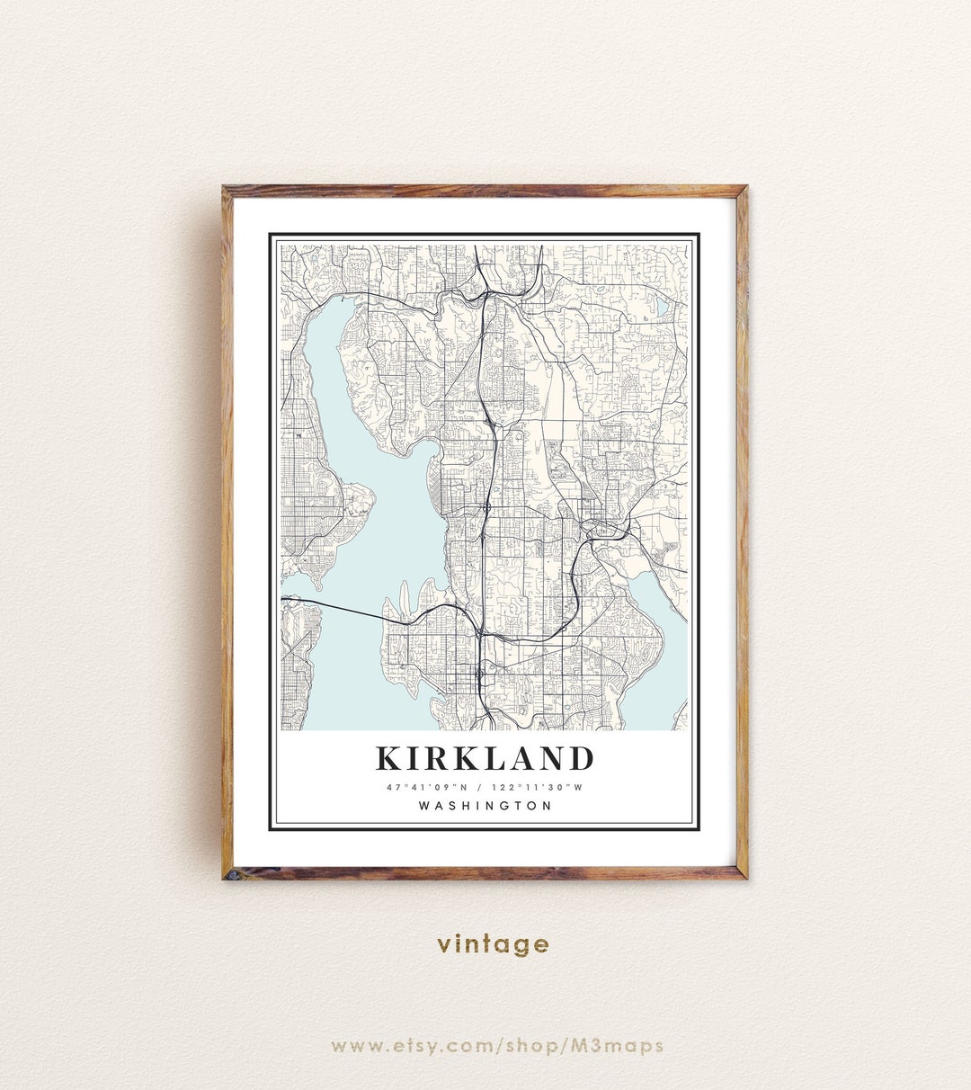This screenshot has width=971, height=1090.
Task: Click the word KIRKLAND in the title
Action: (x=485, y=758)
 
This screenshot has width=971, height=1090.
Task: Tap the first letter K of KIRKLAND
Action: (x=388, y=758)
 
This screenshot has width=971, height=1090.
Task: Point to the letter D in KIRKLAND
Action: (x=581, y=758)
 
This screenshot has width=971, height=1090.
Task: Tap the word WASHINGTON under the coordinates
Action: (x=485, y=806)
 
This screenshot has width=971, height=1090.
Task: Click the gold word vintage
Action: (x=493, y=943)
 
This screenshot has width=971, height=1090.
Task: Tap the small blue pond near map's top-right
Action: (x=663, y=308)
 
